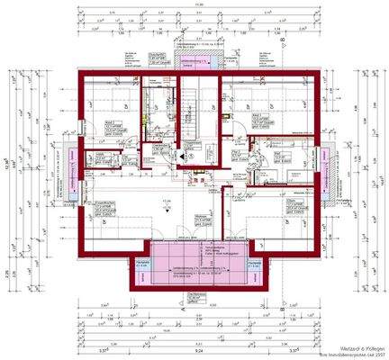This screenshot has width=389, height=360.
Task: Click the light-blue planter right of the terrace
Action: coord(255,265)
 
